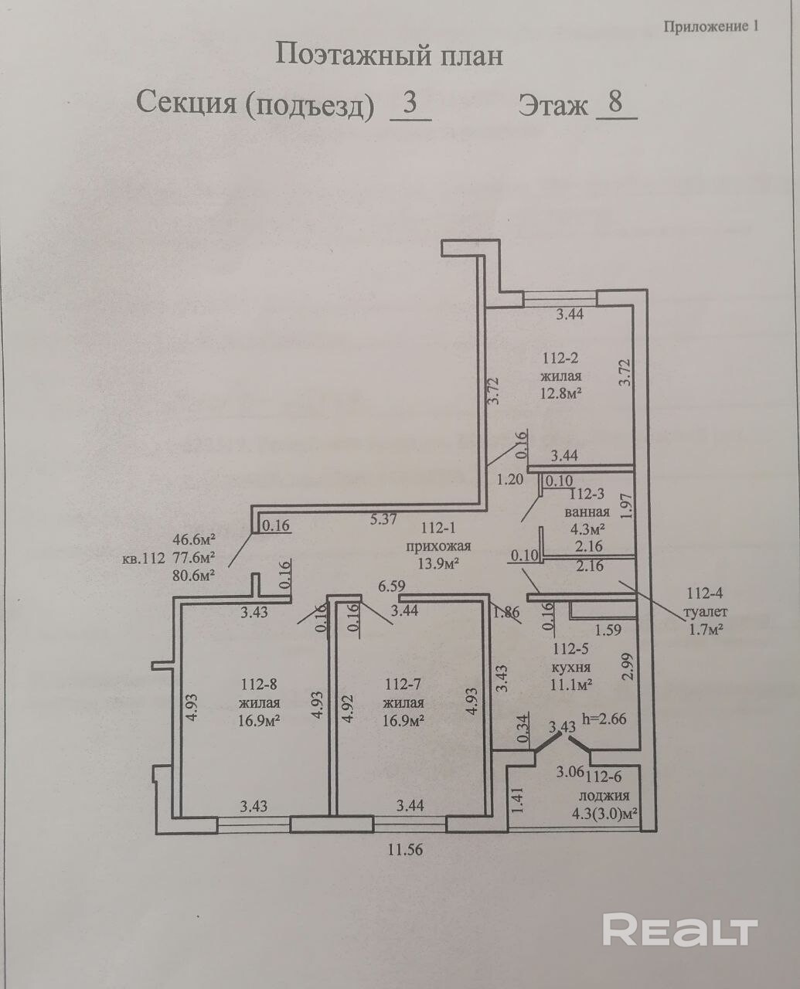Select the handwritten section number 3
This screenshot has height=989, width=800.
410,103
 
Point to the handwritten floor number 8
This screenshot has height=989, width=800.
615,102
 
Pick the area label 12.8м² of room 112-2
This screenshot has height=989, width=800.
560,394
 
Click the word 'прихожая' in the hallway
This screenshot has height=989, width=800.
438,545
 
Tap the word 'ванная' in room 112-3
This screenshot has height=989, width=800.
587,511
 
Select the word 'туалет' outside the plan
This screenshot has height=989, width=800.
705,612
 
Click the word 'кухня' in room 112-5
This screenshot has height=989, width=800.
570,668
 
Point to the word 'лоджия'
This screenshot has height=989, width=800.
604,795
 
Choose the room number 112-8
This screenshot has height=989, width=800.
259,684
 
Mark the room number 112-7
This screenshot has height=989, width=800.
403,684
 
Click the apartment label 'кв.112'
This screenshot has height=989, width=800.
144,558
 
